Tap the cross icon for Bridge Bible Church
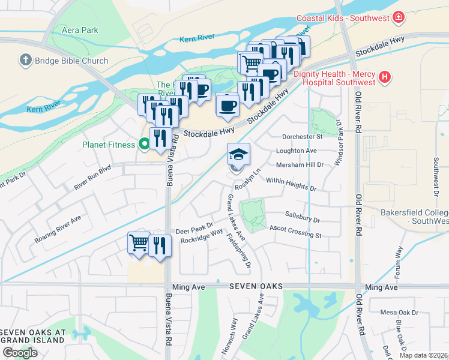pos(25,60)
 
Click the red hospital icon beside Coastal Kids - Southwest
pos(397,18)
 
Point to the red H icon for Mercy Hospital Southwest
pos(385,77)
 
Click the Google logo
pos(20,352)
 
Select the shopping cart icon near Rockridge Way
pos(139,244)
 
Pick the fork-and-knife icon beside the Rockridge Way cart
pos(160,245)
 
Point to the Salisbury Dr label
pos(303,220)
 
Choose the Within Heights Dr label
pos(291,184)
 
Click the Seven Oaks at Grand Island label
pos(32,336)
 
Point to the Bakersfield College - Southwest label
pos(414,217)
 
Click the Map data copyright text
pos(423,355)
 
